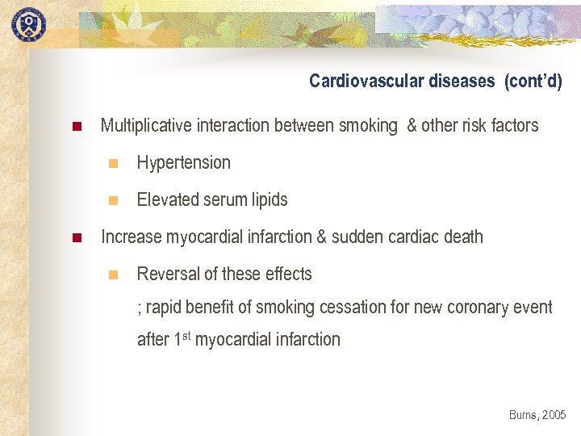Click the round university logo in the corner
point(28,23)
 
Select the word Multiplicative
point(145,125)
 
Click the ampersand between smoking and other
point(412,125)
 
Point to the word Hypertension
point(183,162)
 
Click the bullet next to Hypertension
point(113,163)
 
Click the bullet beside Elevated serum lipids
point(113,200)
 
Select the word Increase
point(131,237)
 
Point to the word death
point(463,237)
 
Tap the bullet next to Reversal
point(113,275)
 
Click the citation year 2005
point(554,414)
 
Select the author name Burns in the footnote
point(522,414)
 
